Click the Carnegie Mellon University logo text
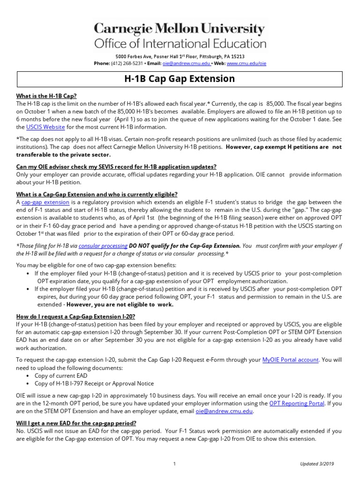180,30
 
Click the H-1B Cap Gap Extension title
180,79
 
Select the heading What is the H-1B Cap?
46,96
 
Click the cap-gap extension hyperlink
45,202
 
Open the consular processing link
103,246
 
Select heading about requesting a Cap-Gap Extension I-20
75,317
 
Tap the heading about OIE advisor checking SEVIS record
116,167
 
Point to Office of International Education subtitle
180,44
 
